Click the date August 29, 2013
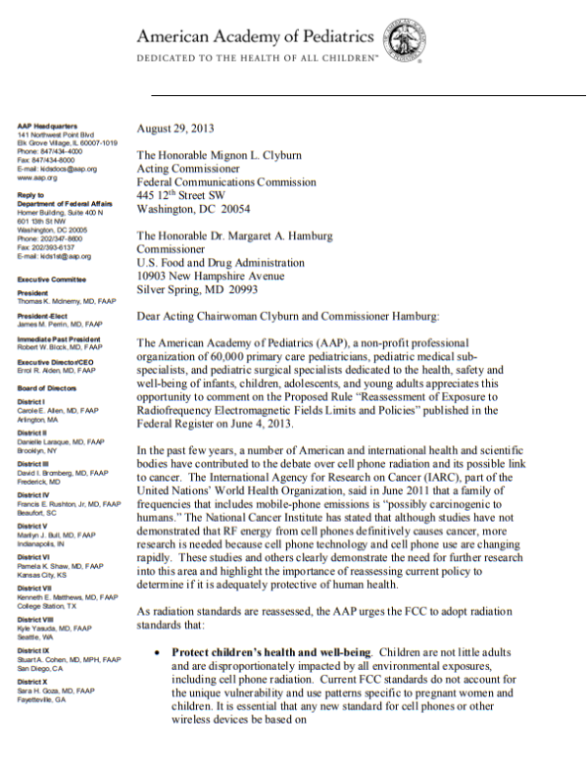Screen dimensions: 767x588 pos(177,128)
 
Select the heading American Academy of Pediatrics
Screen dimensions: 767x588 pos(255,38)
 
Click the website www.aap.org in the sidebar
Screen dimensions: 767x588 pos(37,178)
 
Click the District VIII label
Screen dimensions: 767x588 pos(35,620)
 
